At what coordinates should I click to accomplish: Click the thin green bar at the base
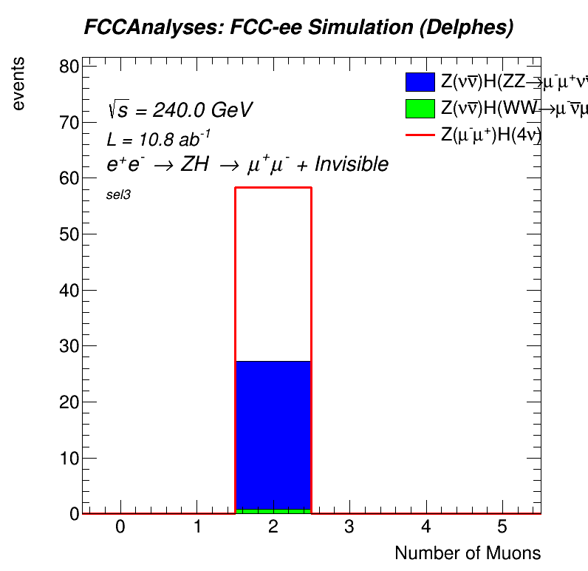(273, 510)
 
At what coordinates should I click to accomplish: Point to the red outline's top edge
(273, 187)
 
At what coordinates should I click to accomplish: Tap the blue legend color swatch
(420, 82)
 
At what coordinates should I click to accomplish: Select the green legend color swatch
(420, 109)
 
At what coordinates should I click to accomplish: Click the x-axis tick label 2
(273, 527)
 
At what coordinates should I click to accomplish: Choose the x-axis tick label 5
(502, 527)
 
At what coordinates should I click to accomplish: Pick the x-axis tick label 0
(120, 527)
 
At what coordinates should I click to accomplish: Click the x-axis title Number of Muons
(468, 553)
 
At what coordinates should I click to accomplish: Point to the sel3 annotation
(118, 195)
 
